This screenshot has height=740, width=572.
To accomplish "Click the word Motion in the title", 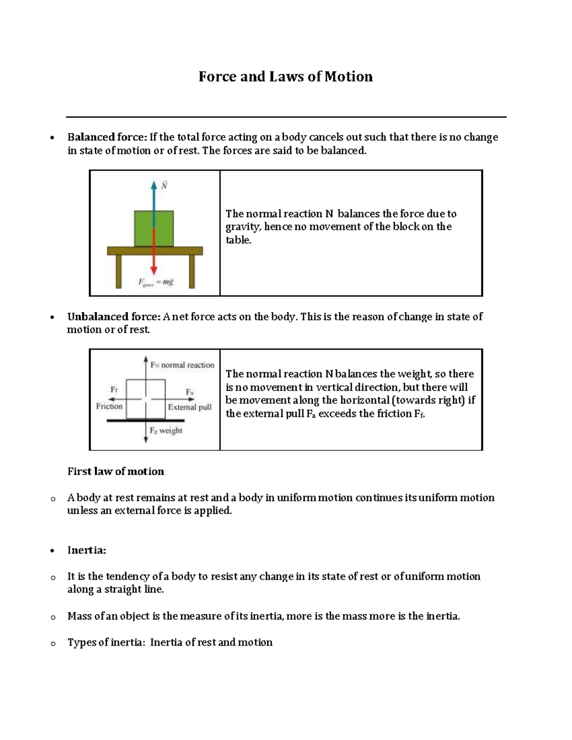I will pyautogui.click(x=348, y=77).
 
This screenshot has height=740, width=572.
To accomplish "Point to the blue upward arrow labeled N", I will pyautogui.click(x=153, y=200).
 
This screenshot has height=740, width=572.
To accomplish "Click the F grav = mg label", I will pyautogui.click(x=156, y=282).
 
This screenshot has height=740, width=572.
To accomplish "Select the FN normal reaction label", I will pyautogui.click(x=183, y=365).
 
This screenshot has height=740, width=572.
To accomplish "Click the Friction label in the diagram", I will pyautogui.click(x=109, y=406).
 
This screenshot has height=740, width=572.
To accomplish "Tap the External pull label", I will pyautogui.click(x=190, y=407).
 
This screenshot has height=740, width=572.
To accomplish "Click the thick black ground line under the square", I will pyautogui.click(x=145, y=420).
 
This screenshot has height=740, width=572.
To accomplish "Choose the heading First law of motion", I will pyautogui.click(x=116, y=471).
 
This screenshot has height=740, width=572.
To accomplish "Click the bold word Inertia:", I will pyautogui.click(x=86, y=550).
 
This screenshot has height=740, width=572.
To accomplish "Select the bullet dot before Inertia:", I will pyautogui.click(x=52, y=551).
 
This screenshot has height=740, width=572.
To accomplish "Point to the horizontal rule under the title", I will pyautogui.click(x=286, y=117).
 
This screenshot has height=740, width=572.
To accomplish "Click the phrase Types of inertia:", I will pyautogui.click(x=105, y=642).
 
